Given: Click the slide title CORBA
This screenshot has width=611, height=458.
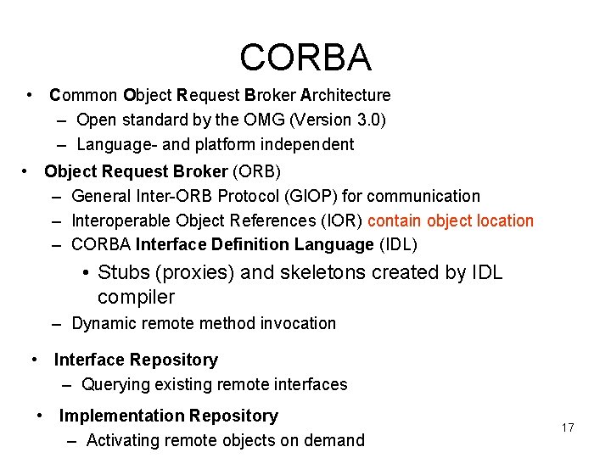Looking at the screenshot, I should [x=305, y=58].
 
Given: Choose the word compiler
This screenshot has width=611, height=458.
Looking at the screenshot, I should [x=136, y=297].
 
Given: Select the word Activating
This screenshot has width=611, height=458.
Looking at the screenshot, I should [x=123, y=440].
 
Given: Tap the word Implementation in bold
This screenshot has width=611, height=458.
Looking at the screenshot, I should [x=121, y=416].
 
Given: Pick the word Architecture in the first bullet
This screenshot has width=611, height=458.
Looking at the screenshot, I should [x=345, y=95].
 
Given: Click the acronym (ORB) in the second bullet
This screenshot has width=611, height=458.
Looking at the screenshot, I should [x=253, y=172].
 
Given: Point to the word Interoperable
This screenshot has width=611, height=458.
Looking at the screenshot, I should [x=121, y=221].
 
